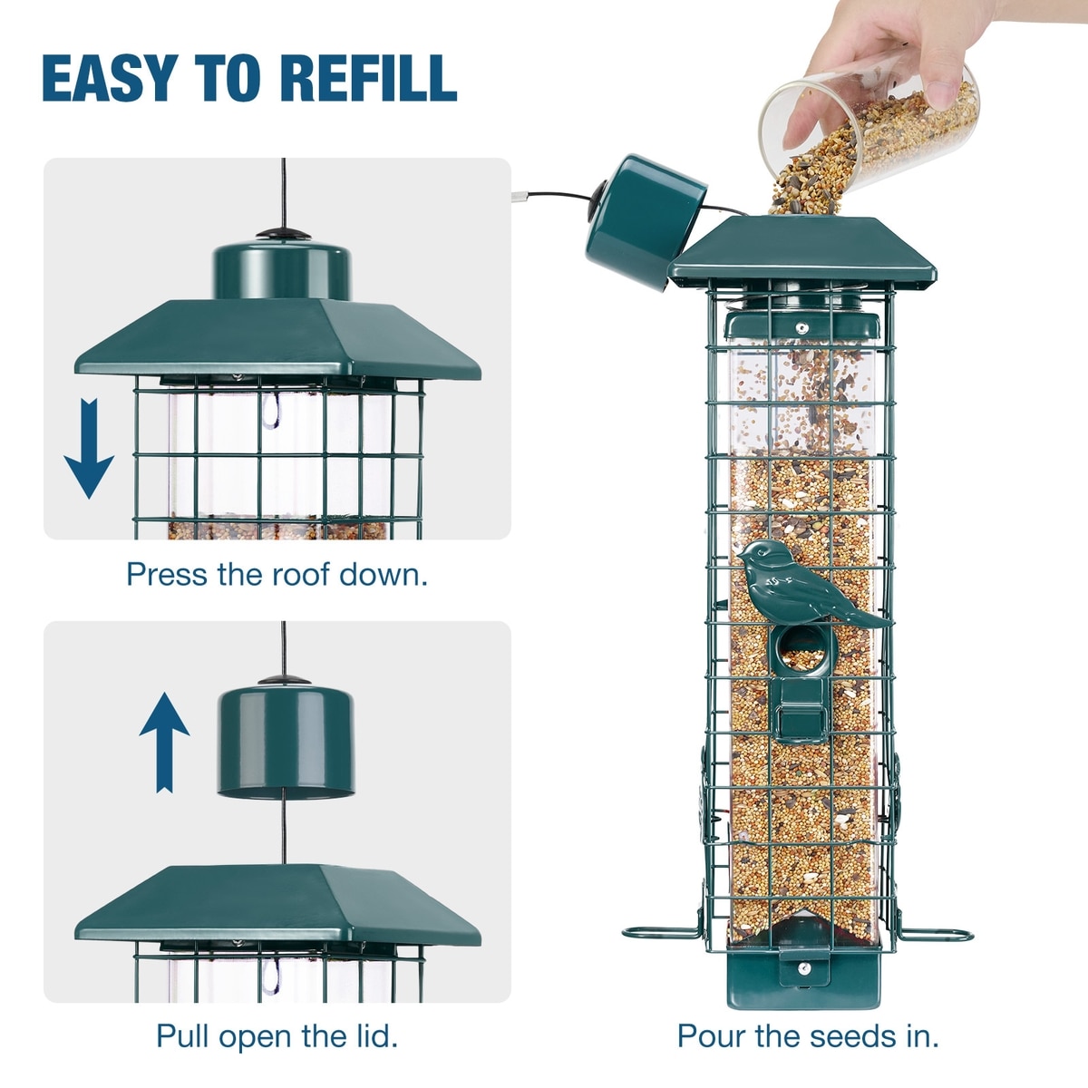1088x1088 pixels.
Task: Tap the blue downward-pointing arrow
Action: (88, 448)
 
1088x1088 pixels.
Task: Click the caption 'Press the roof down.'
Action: (277, 575)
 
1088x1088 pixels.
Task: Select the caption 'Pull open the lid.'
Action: (277, 1035)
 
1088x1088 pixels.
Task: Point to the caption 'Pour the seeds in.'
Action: (808, 1035)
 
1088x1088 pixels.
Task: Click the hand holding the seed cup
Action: (870, 54)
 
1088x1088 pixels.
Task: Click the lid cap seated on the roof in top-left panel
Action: (281, 268)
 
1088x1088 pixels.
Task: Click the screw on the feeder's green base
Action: (802, 968)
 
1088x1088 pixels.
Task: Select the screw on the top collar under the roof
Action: (801, 326)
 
